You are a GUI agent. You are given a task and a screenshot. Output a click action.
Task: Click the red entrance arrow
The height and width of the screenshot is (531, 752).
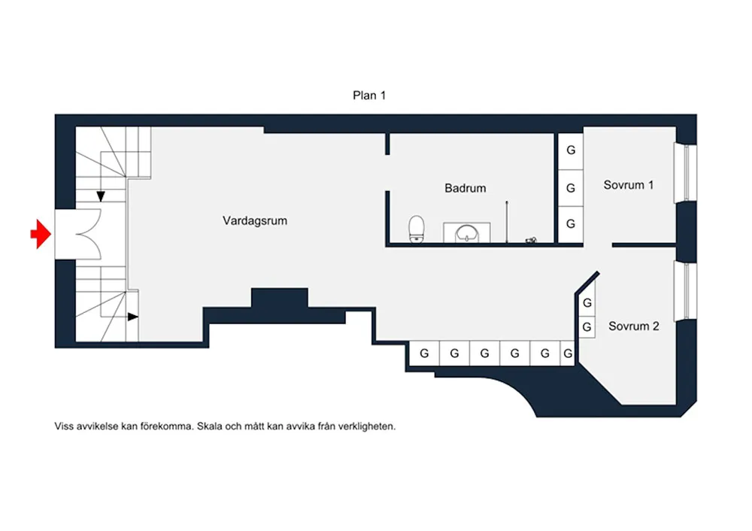41,234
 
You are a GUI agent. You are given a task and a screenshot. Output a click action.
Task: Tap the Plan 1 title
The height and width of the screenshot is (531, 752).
368,96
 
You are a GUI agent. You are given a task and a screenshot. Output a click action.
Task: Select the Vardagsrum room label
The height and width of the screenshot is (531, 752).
255,220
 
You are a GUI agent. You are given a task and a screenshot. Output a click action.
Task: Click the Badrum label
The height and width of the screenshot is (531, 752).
465,188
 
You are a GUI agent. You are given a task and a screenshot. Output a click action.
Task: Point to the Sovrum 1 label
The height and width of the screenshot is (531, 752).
628,185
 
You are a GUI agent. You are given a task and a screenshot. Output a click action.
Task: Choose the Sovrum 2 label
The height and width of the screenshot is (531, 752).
633,326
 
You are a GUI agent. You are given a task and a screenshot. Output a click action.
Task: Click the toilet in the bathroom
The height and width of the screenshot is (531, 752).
417,229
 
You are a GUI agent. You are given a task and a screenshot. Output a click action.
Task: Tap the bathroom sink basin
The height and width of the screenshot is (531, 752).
466,234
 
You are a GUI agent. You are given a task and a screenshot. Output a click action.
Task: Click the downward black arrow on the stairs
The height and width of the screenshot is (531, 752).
101,196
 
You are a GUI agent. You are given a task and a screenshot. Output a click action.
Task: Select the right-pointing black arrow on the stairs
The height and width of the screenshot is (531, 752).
133,317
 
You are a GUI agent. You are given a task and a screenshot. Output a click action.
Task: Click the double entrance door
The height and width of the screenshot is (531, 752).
86,235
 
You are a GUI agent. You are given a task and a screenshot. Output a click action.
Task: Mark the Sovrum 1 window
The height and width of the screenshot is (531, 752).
686,173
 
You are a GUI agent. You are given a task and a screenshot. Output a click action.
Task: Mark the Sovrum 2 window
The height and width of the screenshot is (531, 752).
686,290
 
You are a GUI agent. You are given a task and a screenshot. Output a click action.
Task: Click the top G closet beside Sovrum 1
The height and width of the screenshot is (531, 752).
571,150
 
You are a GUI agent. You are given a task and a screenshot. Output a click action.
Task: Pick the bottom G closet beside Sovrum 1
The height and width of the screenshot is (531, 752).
571,224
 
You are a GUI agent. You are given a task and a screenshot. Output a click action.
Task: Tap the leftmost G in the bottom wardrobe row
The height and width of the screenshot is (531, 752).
424,353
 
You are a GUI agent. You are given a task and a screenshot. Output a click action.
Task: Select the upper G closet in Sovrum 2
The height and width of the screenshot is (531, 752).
587,303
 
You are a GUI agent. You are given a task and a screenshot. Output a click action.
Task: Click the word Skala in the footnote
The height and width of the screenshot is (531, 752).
210,426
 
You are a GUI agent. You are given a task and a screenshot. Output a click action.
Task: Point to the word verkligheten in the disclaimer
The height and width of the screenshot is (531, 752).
367,426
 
